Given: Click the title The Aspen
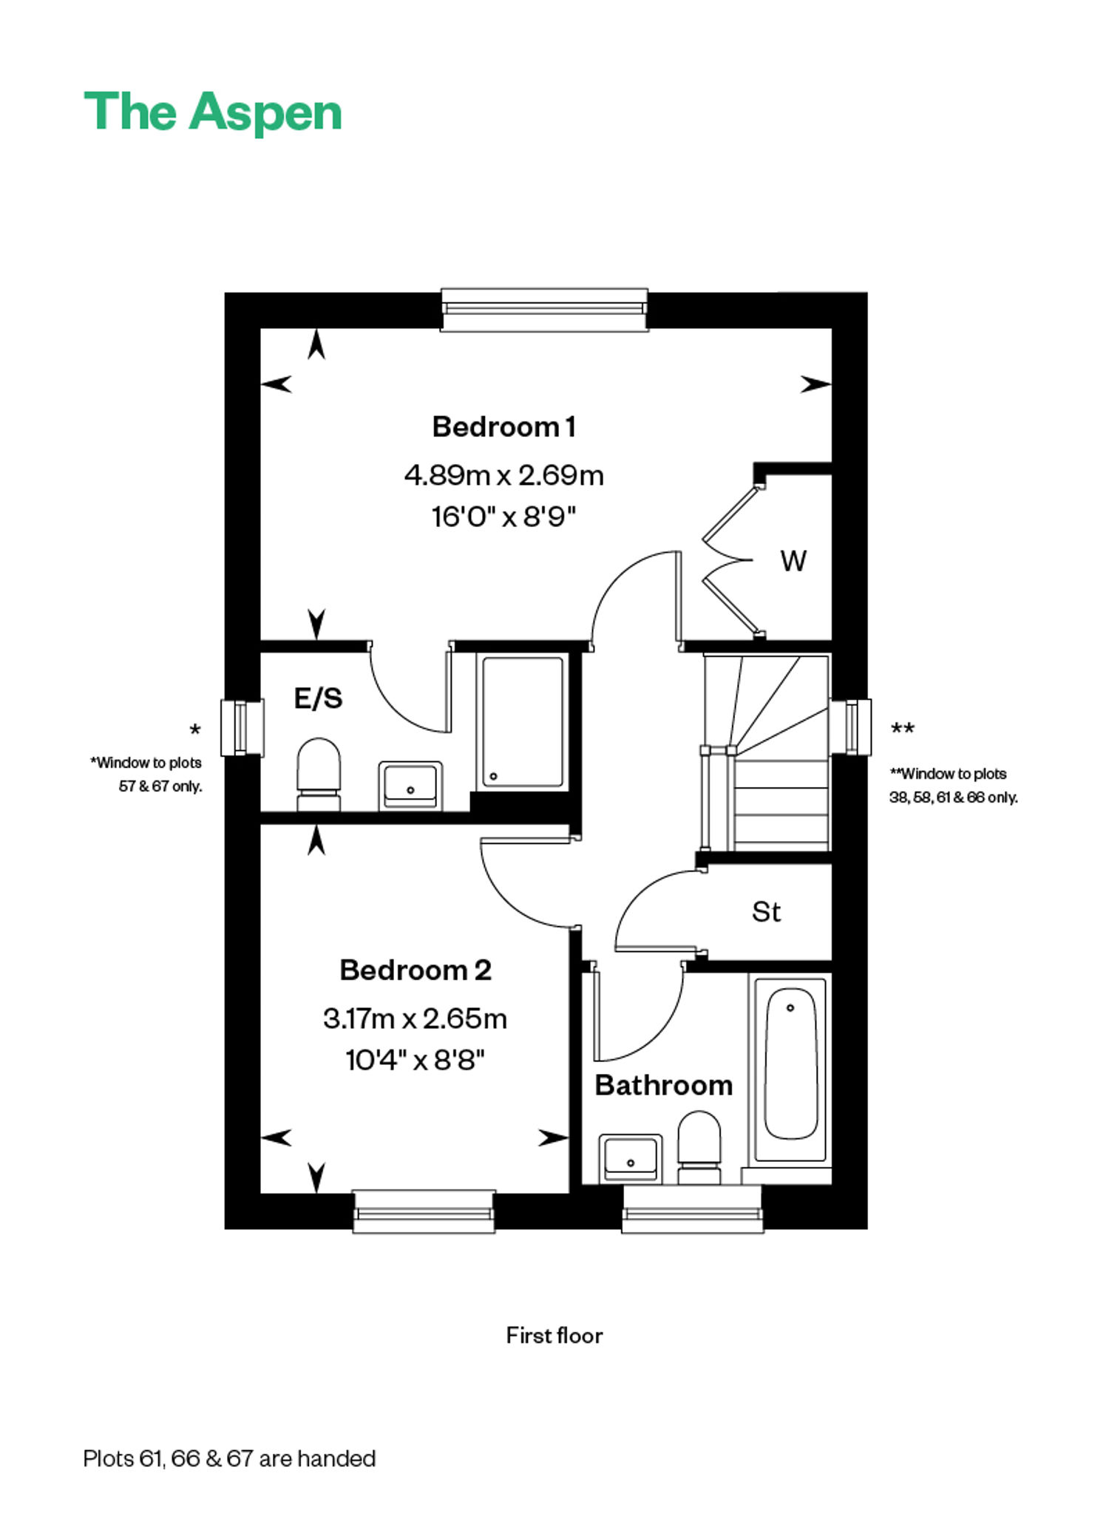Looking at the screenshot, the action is (x=213, y=112).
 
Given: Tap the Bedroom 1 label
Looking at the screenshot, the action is (x=503, y=427).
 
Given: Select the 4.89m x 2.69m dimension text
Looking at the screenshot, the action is (x=503, y=475).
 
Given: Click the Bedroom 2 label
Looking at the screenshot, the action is (x=416, y=970).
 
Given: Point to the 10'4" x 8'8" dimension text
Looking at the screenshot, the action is (x=415, y=1061).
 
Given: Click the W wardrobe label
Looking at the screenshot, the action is (x=793, y=562).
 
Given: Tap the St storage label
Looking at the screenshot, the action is (x=766, y=912).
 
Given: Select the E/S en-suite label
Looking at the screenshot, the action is (x=319, y=698).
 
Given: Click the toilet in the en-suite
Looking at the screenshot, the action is (x=319, y=774).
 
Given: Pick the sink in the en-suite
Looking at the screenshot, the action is (x=410, y=786).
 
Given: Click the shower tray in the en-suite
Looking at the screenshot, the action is (x=523, y=722).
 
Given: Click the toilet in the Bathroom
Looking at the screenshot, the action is (x=699, y=1146).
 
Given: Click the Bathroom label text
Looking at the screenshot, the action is (x=664, y=1086).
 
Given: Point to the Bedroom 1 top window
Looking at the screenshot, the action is (x=544, y=310).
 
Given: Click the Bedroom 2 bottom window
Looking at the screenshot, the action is (x=424, y=1211).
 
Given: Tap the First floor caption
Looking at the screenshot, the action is (x=554, y=1336).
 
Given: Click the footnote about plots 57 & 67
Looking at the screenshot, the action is (x=146, y=774).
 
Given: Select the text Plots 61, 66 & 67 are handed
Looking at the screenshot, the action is (x=229, y=1459).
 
